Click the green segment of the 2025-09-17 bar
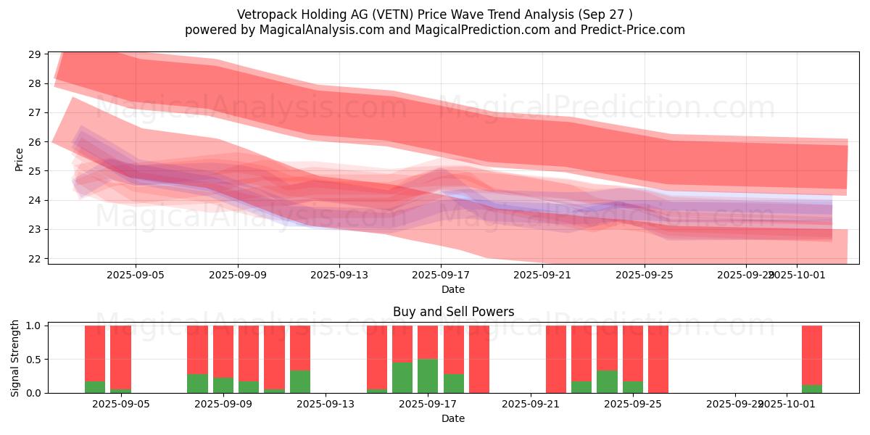pos(428,376)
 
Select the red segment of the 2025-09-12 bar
pos(300,348)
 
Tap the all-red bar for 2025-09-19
pos(479,359)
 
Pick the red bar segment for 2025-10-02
pos(812,355)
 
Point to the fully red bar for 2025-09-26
pos(658,359)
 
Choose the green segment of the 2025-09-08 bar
pos(197,383)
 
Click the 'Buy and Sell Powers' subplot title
pos(453,312)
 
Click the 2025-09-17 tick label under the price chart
pos(441,275)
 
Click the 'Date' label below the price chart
pos(453,289)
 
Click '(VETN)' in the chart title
pos(385,14)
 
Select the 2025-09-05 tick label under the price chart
pos(136,275)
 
